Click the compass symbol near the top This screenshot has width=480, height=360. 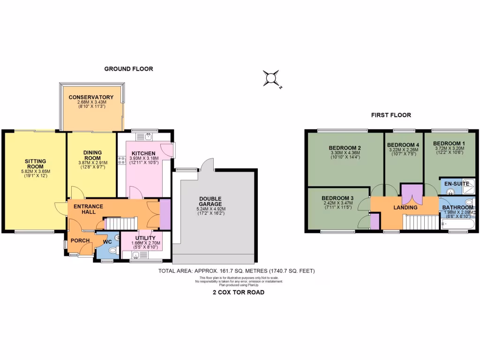click(x=271, y=78)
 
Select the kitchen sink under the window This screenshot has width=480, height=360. click(x=147, y=137)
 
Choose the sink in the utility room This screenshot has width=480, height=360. click(x=135, y=255)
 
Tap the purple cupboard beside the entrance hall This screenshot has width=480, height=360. click(x=165, y=215)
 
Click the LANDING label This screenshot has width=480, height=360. click(x=405, y=207)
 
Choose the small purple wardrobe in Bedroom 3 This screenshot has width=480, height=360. click(x=375, y=221)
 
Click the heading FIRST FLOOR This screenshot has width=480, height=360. click(x=391, y=115)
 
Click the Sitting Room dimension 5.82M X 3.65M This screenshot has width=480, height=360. click(x=36, y=172)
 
